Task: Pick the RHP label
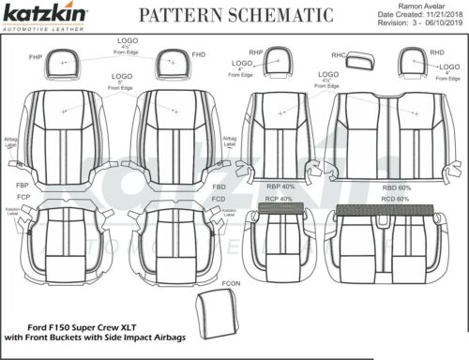[255, 52]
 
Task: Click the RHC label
[339, 55]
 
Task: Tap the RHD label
[436, 53]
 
